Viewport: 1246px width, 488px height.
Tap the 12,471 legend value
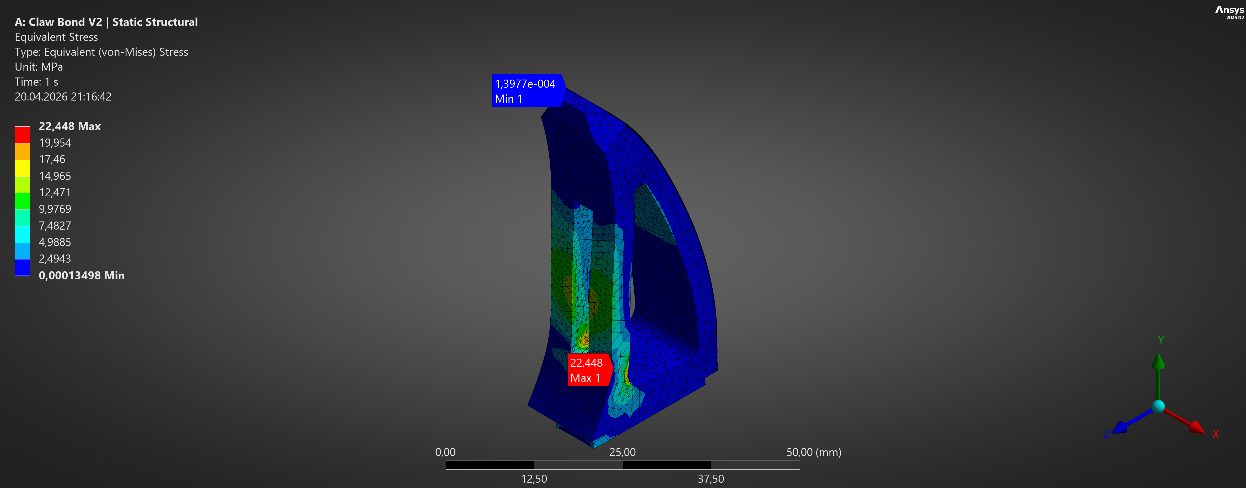pos(55,193)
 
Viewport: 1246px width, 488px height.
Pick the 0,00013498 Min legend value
pos(81,275)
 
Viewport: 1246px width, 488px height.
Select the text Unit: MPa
pos(39,67)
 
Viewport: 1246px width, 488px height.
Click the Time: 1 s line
pos(36,82)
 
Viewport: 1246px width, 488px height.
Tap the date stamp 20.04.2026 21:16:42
pos(63,97)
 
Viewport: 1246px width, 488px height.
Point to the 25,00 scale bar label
pos(622,452)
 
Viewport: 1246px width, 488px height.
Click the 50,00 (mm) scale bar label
pos(814,452)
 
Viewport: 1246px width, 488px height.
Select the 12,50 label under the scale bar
pos(534,479)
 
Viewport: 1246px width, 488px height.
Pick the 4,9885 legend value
pos(55,242)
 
